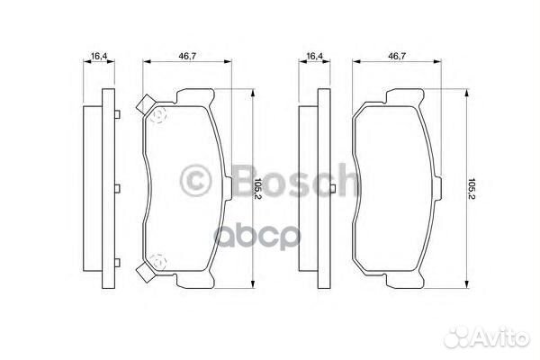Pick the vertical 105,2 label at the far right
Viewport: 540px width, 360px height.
click(x=472, y=189)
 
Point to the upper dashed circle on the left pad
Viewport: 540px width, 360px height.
click(x=157, y=116)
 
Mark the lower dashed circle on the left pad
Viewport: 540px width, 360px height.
click(x=157, y=263)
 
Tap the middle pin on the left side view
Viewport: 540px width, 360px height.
click(x=118, y=189)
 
